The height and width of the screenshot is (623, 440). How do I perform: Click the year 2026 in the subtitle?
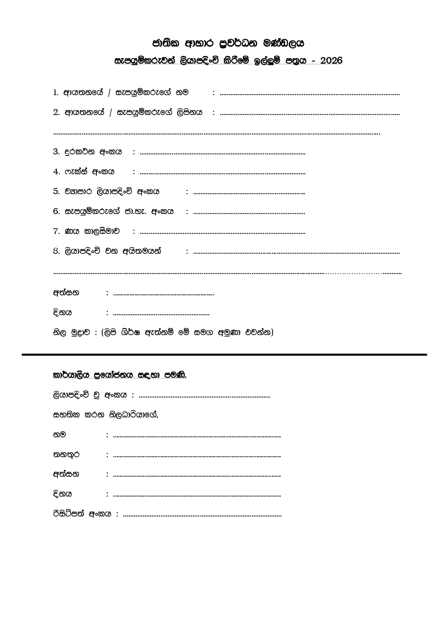[x=331, y=61]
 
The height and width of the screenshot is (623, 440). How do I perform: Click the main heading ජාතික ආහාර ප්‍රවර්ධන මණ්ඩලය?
[x=228, y=43]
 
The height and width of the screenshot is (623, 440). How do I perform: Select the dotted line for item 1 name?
[x=310, y=94]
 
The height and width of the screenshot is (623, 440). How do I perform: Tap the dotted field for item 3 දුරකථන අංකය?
[x=222, y=154]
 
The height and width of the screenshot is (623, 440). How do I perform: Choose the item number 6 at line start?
[x=56, y=212]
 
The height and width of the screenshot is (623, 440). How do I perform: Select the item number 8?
[x=56, y=251]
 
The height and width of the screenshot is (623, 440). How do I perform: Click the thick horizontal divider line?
[x=224, y=354]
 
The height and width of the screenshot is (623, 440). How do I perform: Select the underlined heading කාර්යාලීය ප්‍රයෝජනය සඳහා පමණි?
[x=119, y=375]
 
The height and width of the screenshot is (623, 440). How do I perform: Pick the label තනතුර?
[x=66, y=454]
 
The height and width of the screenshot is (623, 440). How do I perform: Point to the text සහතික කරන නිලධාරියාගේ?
[x=105, y=415]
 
